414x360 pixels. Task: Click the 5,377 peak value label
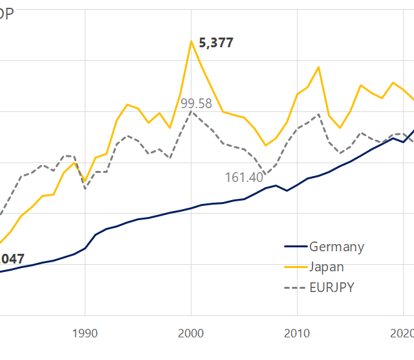pos(216,44)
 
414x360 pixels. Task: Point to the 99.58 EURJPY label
pos(196,104)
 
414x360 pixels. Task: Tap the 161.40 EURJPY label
pos(244,177)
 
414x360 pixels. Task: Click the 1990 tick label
pos(85,333)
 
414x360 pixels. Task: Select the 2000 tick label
pos(191,333)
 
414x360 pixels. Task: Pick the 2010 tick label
pos(297,333)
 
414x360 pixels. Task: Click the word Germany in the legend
pos(336,247)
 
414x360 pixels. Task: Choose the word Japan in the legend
pos(327,267)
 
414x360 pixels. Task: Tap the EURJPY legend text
pos(332,287)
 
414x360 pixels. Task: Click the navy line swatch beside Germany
pos(294,247)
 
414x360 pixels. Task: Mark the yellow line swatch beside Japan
pos(294,267)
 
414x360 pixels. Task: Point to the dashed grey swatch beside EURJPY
pos(294,287)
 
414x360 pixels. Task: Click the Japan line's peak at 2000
pos(191,41)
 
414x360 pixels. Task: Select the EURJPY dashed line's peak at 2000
pos(191,111)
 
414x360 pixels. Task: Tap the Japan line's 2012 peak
pos(318,67)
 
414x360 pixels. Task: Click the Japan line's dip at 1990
pos(85,182)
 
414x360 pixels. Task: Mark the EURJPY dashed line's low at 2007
pos(265,175)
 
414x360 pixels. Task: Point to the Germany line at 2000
pos(191,208)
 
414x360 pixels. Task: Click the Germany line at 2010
pos(297,185)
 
